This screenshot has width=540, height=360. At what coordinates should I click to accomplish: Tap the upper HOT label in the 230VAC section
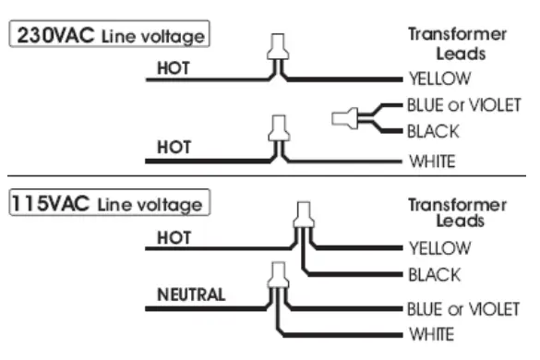point(173,68)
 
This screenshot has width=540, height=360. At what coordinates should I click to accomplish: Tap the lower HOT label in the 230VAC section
point(173,146)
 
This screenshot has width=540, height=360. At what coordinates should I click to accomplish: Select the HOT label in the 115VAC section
point(173,237)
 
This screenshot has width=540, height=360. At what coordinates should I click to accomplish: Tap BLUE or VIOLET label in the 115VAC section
point(464,307)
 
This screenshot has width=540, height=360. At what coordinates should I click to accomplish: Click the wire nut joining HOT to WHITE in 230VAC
point(275,127)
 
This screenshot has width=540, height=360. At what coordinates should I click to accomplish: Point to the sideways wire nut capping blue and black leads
point(343,118)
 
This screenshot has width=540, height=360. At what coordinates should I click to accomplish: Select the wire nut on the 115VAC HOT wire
point(302,214)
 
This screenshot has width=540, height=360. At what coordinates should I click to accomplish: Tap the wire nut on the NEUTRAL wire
point(275,274)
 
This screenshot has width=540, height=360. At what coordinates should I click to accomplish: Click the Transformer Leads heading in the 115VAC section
point(457,213)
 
